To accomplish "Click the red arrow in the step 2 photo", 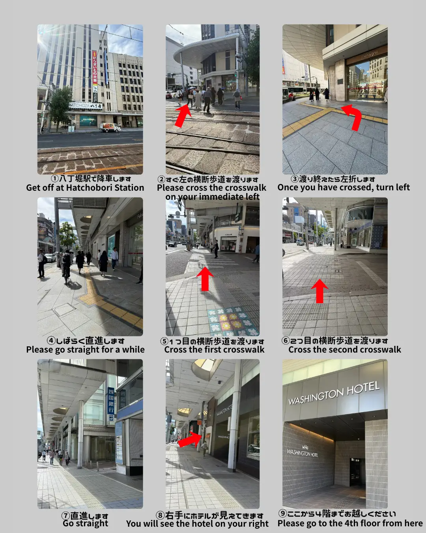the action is coord(183,115).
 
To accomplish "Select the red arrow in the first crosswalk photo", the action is coord(205,279).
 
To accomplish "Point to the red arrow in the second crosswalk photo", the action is coord(319,291).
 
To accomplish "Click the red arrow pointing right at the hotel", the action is coord(189,439).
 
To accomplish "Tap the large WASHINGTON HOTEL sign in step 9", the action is coord(334,393).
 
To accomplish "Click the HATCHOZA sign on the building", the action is coord(86,105).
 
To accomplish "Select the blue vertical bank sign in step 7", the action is coord(111,404).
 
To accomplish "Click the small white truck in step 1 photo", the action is coord(110,127).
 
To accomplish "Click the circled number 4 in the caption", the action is coord(51,341).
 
